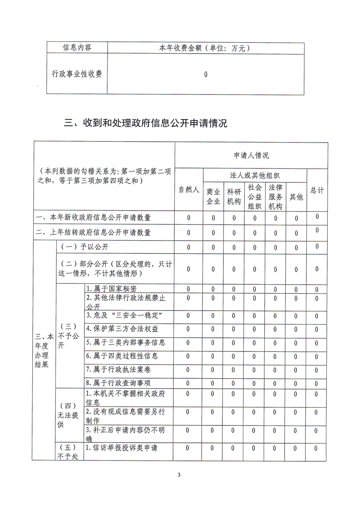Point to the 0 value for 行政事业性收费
pos(206,74)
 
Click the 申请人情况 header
pos(251,155)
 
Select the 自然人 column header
pos(189,190)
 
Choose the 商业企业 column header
pos(213,196)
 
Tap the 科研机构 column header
pos(234,196)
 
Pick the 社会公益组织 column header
pos(255,196)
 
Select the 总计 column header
pos(317,190)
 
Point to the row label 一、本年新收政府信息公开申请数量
pos(94,217)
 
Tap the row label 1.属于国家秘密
pos(111,289)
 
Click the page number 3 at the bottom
pos(179,475)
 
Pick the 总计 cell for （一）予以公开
pos(317,247)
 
